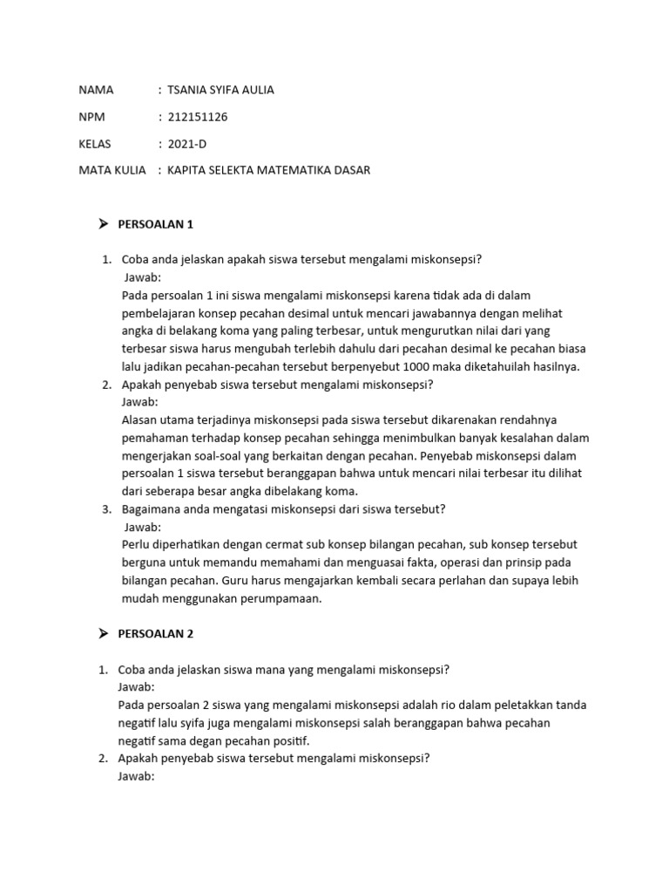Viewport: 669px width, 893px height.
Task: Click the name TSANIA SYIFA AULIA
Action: (220, 90)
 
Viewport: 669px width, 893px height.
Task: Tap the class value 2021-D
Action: (187, 143)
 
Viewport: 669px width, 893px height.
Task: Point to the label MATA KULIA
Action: (111, 170)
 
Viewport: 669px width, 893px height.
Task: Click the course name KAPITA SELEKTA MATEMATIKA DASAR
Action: (268, 170)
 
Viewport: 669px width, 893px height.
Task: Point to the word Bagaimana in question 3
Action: (148, 509)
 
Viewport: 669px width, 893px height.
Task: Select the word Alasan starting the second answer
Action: (140, 419)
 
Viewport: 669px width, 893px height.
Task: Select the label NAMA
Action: (96, 90)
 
